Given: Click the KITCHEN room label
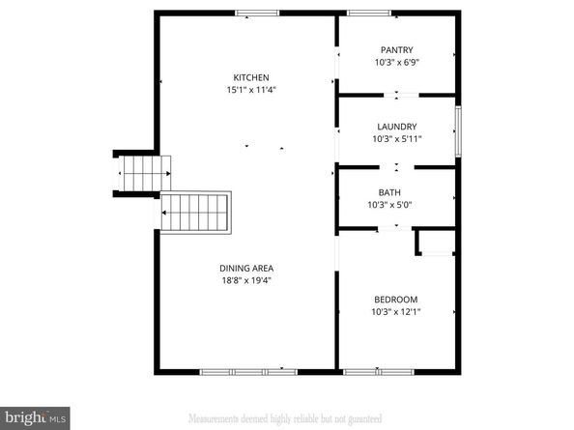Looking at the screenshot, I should tap(250, 77).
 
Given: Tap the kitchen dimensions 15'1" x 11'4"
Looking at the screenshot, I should tap(250, 90).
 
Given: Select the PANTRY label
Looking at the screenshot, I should tap(396, 50).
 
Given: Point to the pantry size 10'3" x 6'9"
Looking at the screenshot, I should tap(396, 62).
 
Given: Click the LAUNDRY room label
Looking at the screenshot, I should tap(396, 127).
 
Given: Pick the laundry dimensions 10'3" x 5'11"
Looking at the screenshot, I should tap(396, 138).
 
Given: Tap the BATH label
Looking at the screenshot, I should tap(389, 192).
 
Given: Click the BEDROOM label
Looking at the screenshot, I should tap(396, 300).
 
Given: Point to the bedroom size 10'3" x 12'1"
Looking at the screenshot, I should tap(396, 312).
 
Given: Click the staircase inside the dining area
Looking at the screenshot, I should tap(198, 212).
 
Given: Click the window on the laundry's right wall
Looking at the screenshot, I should tap(457, 126).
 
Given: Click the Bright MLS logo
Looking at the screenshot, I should tap(35, 416).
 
